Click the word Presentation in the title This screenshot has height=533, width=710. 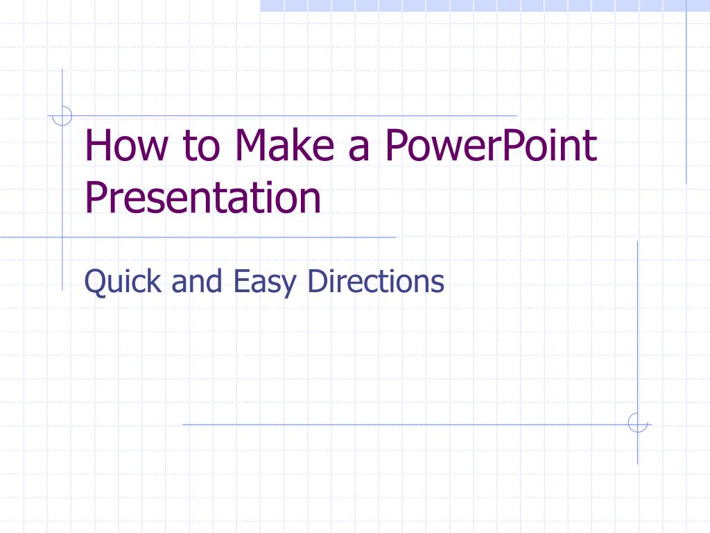[x=202, y=197]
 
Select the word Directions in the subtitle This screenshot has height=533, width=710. [x=375, y=282]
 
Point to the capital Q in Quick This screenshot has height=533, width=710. [x=94, y=282]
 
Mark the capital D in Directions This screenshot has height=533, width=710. [x=317, y=281]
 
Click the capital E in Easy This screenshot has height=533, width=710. [x=241, y=281]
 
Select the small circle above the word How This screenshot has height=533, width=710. [x=62, y=115]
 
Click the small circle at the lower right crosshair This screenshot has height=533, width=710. [x=637, y=422]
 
